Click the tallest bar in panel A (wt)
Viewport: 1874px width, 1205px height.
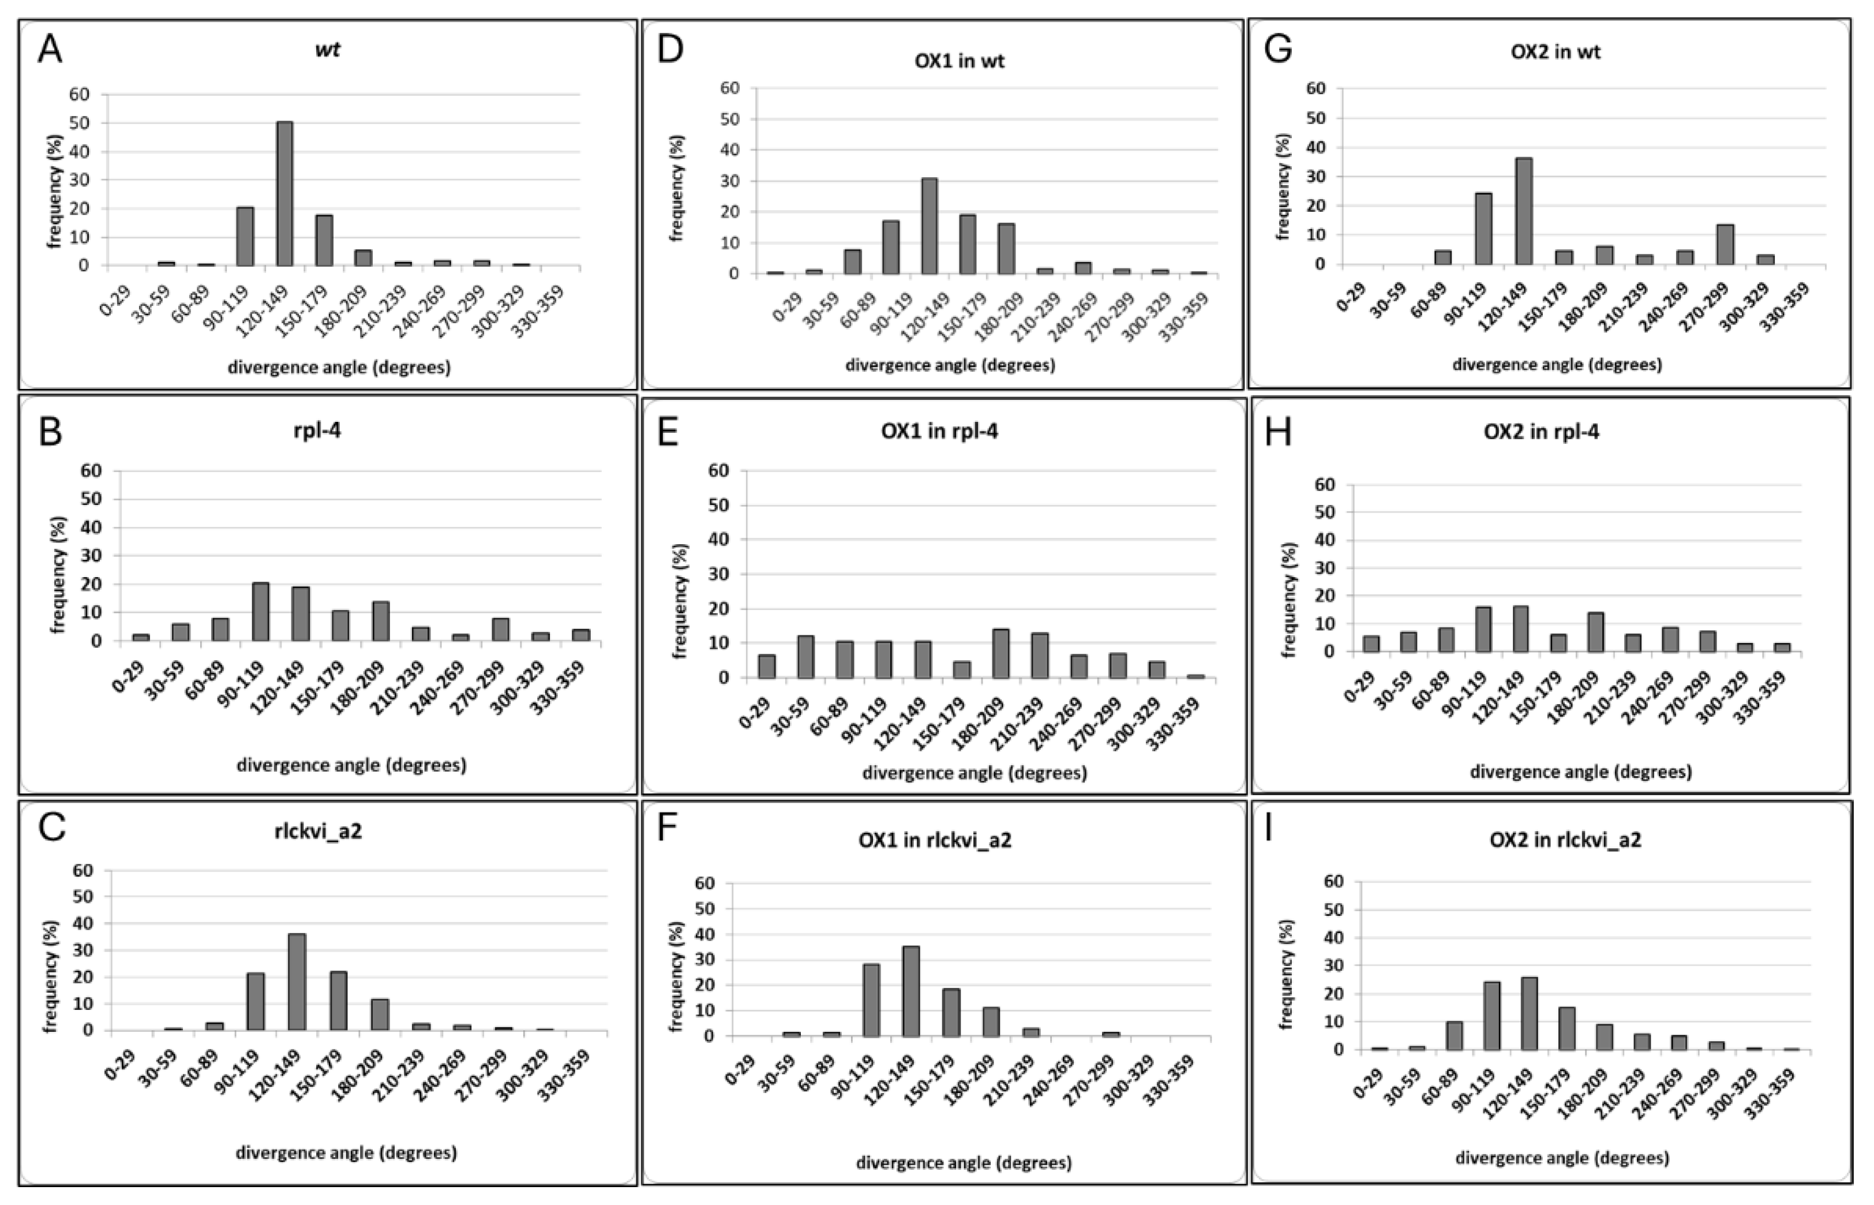coord(284,193)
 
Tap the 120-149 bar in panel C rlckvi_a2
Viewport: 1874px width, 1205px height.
coord(297,982)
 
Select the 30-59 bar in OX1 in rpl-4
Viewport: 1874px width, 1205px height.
coord(805,657)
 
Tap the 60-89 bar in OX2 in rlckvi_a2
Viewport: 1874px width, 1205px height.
coord(1454,1035)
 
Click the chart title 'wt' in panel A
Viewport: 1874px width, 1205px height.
coord(327,50)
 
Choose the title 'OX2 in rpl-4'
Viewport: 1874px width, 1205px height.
coord(1541,431)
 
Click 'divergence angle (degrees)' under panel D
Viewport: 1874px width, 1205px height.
coord(950,365)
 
